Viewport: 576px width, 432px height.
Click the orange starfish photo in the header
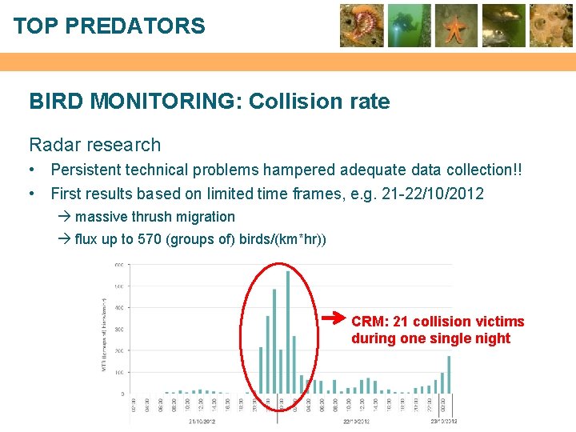[x=456, y=26]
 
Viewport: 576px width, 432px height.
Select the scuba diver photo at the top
[x=410, y=26]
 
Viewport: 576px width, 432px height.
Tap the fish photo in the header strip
[x=503, y=26]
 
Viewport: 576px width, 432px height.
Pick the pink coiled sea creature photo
[x=362, y=26]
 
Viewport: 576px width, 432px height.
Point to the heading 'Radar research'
[x=94, y=145]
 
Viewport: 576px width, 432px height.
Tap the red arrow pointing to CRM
[x=334, y=319]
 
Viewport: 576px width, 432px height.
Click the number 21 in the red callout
[x=402, y=322]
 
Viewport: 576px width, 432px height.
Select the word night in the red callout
[x=492, y=338]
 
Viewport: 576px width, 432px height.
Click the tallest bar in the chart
[x=287, y=332]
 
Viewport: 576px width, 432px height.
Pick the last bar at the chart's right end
[x=450, y=374]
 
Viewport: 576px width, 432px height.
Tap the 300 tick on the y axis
[x=118, y=330]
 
